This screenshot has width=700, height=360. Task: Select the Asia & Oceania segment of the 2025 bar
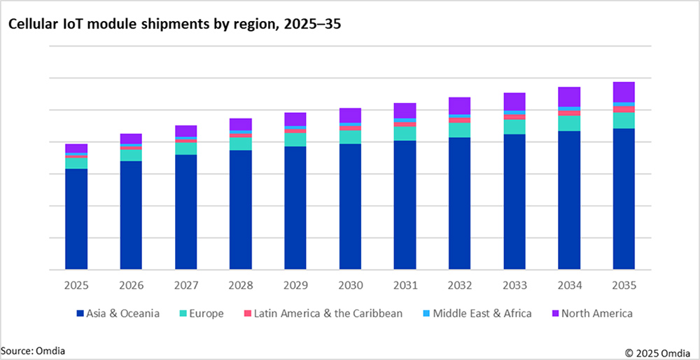pyautogui.click(x=76, y=219)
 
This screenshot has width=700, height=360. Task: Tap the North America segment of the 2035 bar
pyautogui.click(x=624, y=92)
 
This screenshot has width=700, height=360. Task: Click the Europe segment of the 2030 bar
pyautogui.click(x=350, y=137)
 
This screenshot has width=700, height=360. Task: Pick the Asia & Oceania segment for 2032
pyautogui.click(x=460, y=203)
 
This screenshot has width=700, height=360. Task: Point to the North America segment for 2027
pyautogui.click(x=186, y=131)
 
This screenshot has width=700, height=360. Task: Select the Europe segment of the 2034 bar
pyautogui.click(x=569, y=123)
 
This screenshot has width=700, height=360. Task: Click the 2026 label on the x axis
pyautogui.click(x=132, y=286)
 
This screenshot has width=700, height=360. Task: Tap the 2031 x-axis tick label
pyautogui.click(x=405, y=286)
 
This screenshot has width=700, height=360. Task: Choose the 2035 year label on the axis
pyautogui.click(x=624, y=286)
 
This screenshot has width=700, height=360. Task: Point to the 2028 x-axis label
pyautogui.click(x=241, y=286)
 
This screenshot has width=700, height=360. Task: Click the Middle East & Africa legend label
pyautogui.click(x=482, y=314)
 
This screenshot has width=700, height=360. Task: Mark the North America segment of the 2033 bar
pyautogui.click(x=514, y=102)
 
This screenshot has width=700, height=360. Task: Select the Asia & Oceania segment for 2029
pyautogui.click(x=295, y=207)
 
